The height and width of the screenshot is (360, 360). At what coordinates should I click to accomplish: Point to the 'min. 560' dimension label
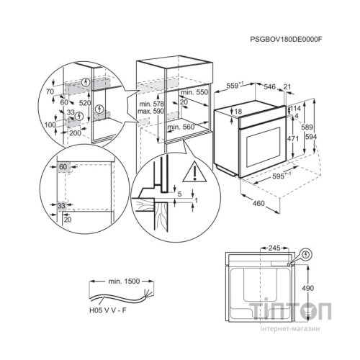(181, 127)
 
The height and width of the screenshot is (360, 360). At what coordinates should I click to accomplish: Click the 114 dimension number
(295, 108)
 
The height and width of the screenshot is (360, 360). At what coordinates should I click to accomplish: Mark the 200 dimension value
(75, 135)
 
